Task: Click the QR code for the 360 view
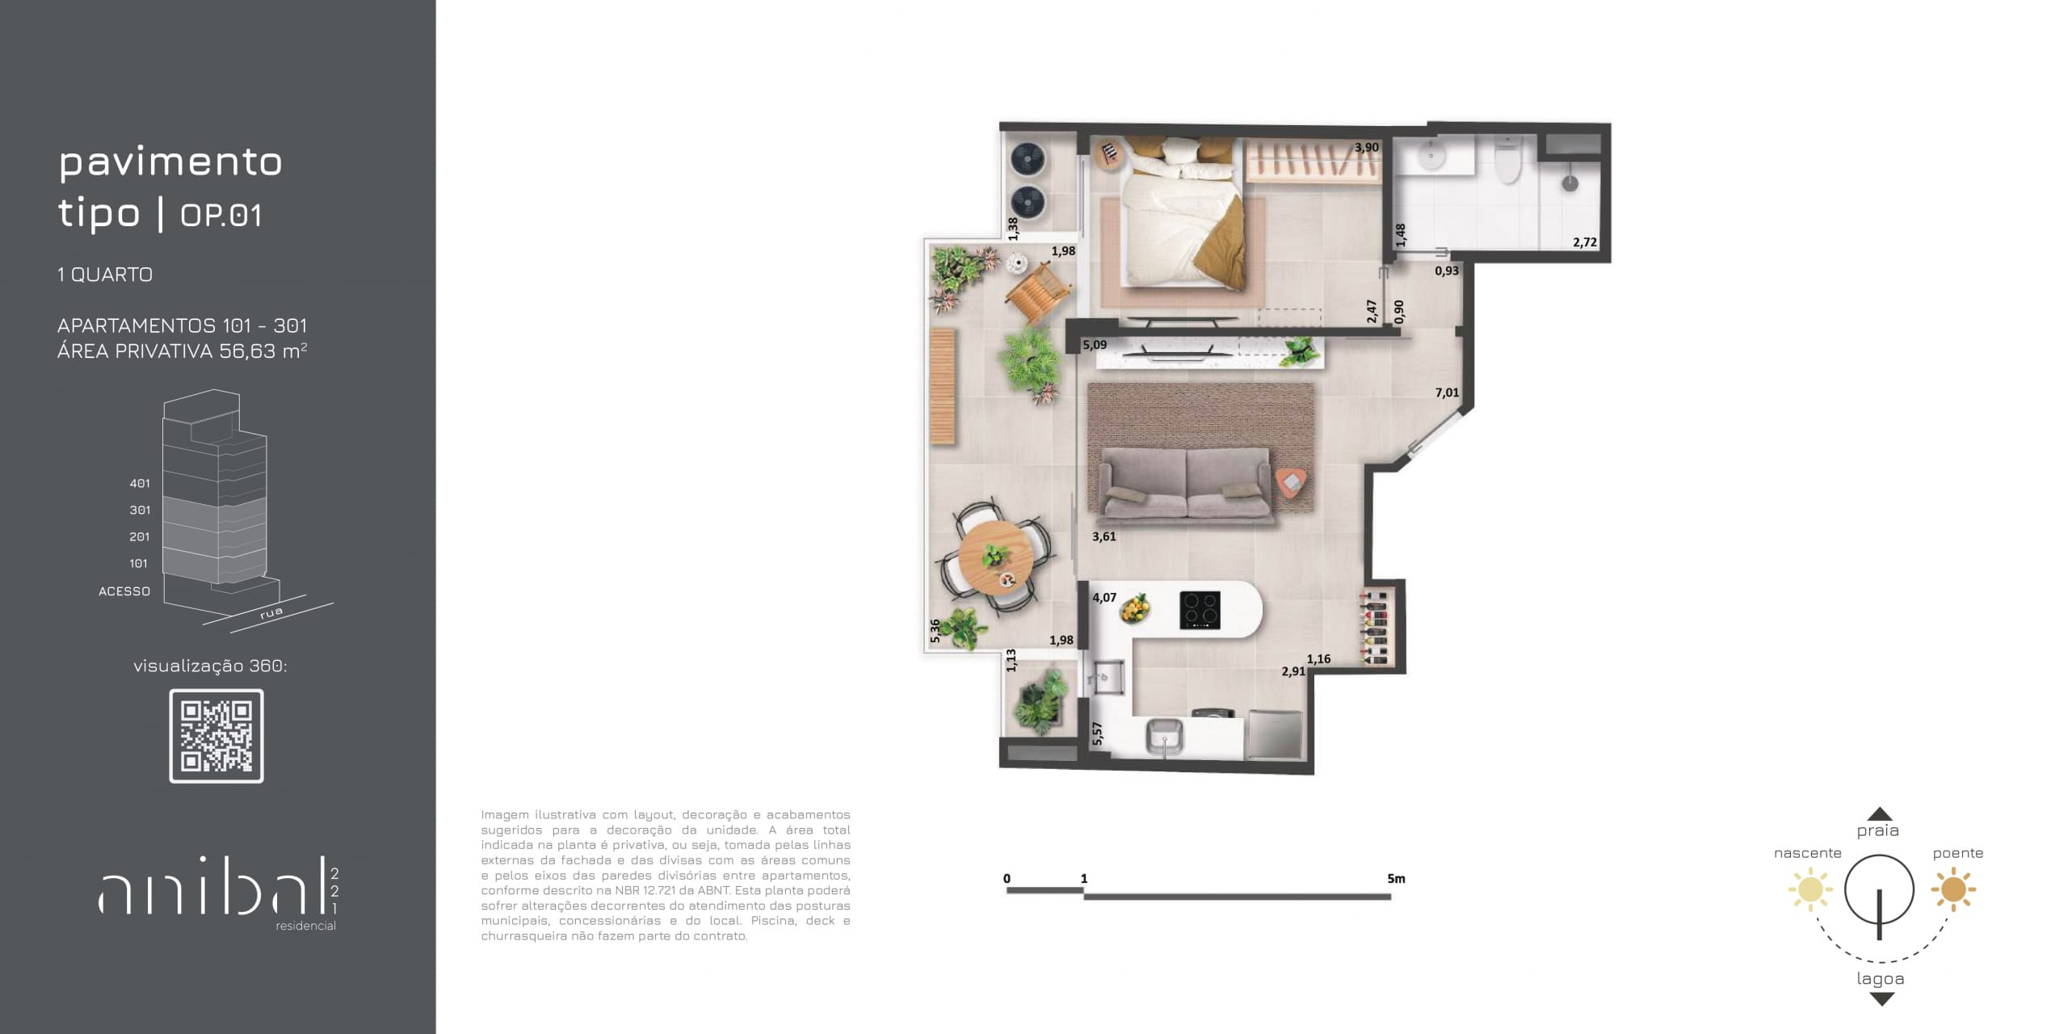[x=216, y=736]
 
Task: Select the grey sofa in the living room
[x=1187, y=483]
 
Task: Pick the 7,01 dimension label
[x=1447, y=393]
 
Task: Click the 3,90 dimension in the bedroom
[x=1367, y=148]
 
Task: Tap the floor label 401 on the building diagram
[x=140, y=483]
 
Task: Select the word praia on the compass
[x=1877, y=831]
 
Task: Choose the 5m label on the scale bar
[x=1396, y=879]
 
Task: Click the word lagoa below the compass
[x=1881, y=979]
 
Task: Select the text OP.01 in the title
[x=221, y=216]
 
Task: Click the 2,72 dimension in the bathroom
[x=1585, y=242]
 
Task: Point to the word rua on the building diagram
[x=271, y=612]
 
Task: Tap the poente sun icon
[x=1953, y=889]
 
